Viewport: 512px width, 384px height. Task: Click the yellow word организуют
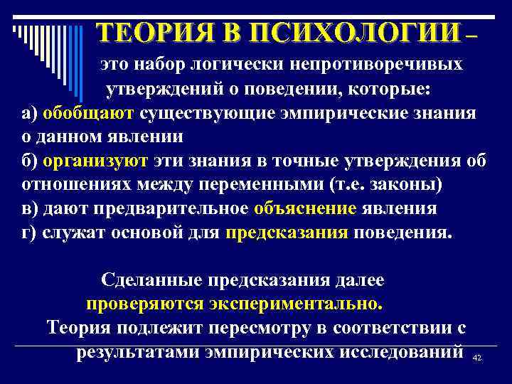[95, 161]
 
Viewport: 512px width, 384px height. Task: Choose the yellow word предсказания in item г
[287, 233]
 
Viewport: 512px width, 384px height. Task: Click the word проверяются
[144, 304]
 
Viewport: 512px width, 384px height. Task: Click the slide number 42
[477, 358]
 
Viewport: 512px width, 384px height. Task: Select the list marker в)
[29, 209]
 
